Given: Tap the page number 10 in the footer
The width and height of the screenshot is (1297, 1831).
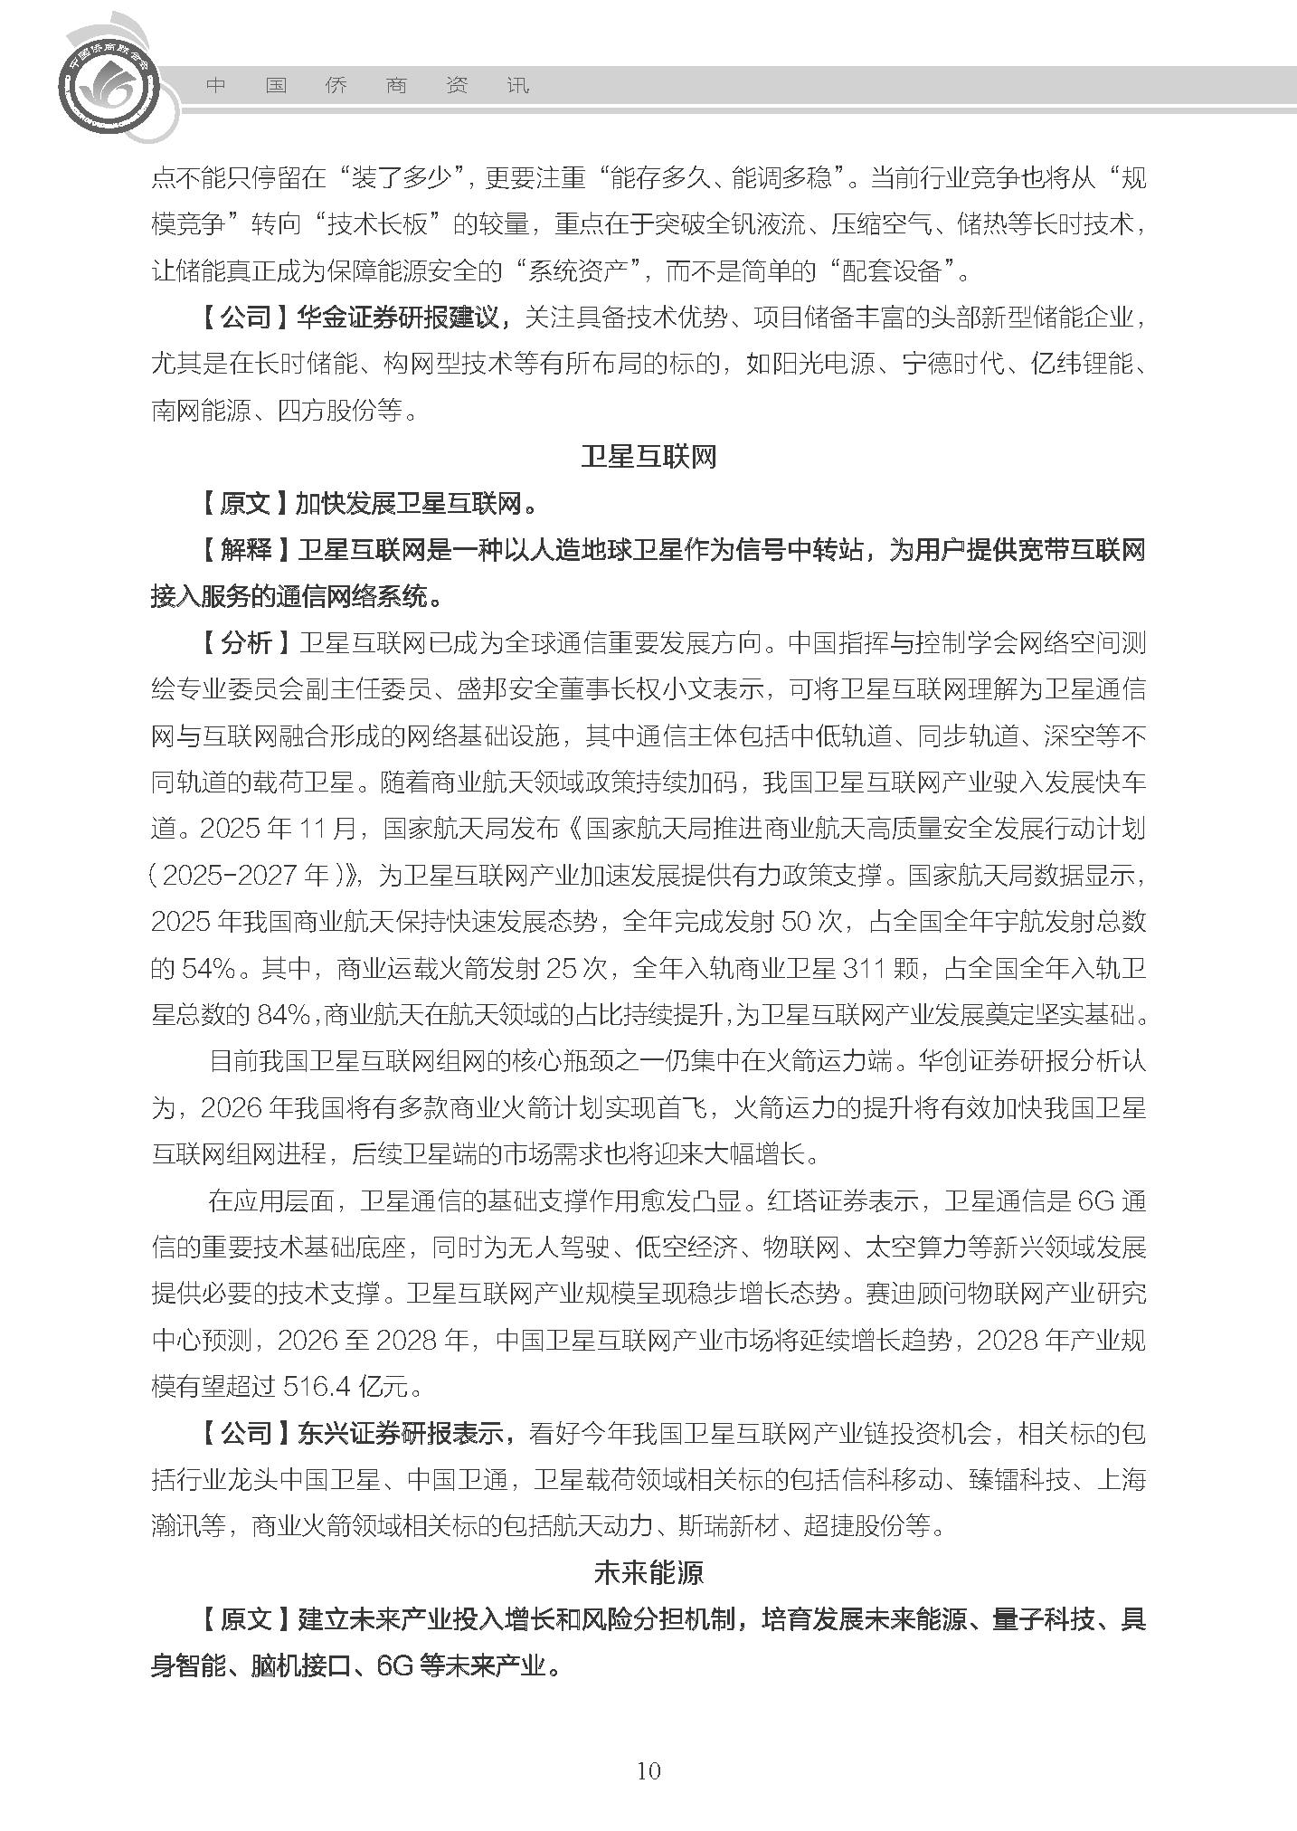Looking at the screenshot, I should (648, 1770).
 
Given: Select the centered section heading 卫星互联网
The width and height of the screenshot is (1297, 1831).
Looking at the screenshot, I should (648, 457).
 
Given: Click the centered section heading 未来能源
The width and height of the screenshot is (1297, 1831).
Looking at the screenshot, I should (648, 1572).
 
